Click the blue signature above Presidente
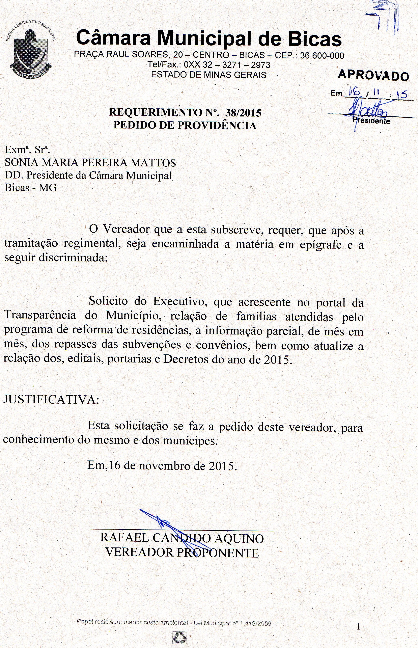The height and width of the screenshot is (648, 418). [x=366, y=111]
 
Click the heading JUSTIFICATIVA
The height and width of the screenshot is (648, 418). [x=51, y=400]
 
